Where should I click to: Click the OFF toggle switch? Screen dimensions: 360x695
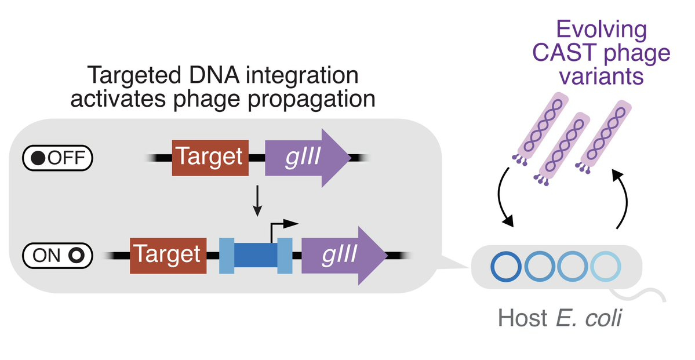57,157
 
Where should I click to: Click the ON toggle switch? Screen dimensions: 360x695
57,255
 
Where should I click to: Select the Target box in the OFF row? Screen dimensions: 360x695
210,157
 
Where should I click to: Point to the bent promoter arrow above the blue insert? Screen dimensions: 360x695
283,226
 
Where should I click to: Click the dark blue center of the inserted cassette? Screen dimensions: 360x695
256,255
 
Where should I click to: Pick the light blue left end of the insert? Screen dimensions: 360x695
227,255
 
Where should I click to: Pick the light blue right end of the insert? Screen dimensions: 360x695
285,255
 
